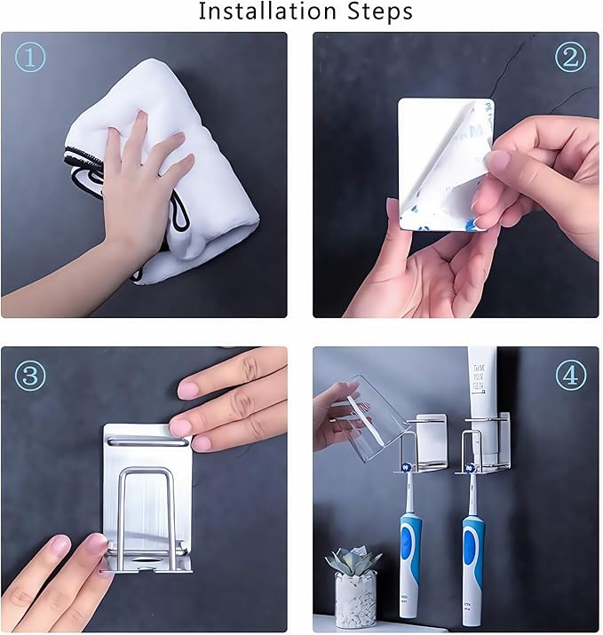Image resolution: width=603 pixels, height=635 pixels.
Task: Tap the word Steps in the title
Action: coord(377,12)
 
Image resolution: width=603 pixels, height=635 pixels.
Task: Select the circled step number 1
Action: coord(30,57)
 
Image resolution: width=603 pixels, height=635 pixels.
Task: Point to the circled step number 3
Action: coord(30,375)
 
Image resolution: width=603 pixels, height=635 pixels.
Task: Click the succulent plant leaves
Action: coord(353,560)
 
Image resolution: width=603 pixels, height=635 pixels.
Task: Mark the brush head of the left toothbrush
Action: coord(408,465)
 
